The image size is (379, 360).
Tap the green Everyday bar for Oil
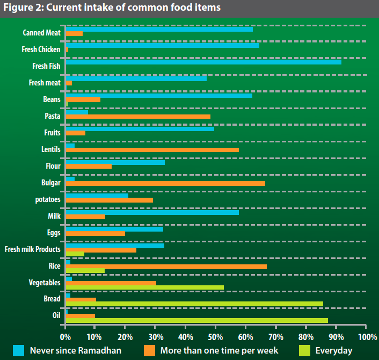point(196,321)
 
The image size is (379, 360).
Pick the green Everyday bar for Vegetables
point(144,287)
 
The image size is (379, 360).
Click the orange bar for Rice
point(166,267)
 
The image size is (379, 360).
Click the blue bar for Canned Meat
point(159,28)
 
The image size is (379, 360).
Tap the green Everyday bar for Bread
point(194,304)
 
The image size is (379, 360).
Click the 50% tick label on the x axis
point(215,337)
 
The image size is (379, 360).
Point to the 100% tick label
point(367,337)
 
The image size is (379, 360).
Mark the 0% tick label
point(65,337)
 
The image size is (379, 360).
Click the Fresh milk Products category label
point(32,249)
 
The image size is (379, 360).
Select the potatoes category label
point(47,199)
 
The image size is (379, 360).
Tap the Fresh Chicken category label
point(41,49)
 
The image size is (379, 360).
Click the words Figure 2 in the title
point(22,9)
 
